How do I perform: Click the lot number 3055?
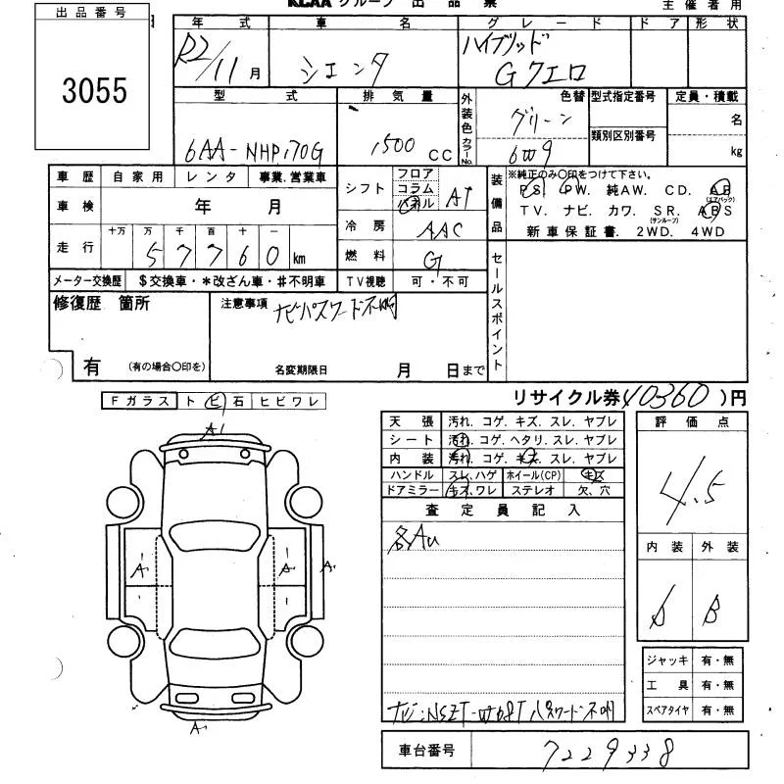tap(95, 91)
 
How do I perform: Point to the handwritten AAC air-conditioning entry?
tap(438, 229)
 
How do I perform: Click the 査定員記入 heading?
tap(502, 509)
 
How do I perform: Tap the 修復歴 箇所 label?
tap(101, 304)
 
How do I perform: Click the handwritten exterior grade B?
tap(714, 613)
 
